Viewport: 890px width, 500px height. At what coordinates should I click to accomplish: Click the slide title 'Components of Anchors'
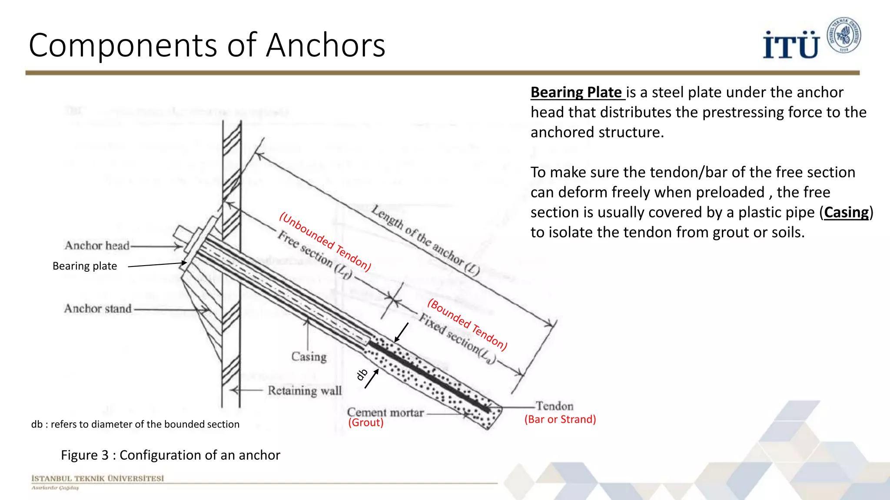pyautogui.click(x=207, y=45)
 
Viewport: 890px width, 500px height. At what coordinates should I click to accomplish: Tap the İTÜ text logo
pyautogui.click(x=791, y=45)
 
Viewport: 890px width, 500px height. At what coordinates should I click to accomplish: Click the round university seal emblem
pyautogui.click(x=844, y=36)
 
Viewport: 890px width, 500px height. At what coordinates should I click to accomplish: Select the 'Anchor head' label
pyautogui.click(x=97, y=246)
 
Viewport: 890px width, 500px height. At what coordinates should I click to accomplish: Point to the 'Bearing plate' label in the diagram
pyautogui.click(x=85, y=266)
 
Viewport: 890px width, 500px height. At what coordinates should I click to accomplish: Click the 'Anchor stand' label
pyautogui.click(x=98, y=309)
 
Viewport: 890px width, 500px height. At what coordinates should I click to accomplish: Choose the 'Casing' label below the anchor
pyautogui.click(x=309, y=357)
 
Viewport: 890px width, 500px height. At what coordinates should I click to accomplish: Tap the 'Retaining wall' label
pyautogui.click(x=305, y=391)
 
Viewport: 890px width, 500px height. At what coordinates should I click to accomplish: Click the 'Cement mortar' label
pyautogui.click(x=385, y=412)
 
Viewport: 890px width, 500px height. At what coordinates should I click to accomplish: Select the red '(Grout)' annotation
pyautogui.click(x=366, y=423)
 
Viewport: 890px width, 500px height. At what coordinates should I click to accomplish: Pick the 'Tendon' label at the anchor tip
pyautogui.click(x=555, y=406)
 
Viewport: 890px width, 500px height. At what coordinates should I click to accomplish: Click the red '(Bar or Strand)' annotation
pyautogui.click(x=560, y=419)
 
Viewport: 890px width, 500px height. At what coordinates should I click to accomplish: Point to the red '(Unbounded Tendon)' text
pyautogui.click(x=325, y=242)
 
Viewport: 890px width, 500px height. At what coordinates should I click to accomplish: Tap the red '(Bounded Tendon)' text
pyautogui.click(x=467, y=324)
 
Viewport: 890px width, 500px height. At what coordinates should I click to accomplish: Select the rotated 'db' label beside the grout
pyautogui.click(x=362, y=375)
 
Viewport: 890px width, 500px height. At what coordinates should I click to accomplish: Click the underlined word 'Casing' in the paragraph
pyautogui.click(x=846, y=212)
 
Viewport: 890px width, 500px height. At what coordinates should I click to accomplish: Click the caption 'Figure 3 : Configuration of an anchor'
pyautogui.click(x=170, y=455)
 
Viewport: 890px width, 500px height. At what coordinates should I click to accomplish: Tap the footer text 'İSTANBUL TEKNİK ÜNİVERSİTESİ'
pyautogui.click(x=98, y=478)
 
